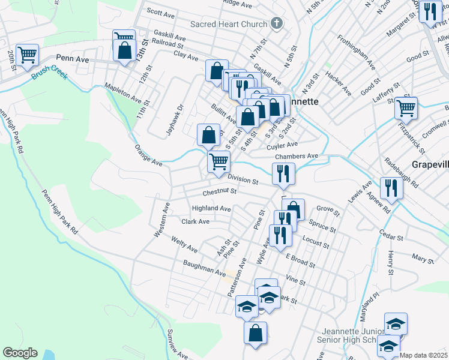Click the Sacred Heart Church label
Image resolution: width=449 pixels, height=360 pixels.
228,24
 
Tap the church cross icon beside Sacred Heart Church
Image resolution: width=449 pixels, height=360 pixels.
276,24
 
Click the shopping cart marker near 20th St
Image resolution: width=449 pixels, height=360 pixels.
28,55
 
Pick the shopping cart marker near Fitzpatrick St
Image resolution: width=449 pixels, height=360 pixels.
406,108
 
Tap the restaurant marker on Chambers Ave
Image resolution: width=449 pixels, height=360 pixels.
283,173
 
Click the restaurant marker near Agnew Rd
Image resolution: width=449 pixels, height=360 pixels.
391,188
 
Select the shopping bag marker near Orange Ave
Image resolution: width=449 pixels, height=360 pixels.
208,135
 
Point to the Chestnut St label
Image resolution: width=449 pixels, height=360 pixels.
220,193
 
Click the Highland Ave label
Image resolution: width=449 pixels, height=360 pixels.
211,209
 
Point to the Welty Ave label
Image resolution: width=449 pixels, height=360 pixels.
184,245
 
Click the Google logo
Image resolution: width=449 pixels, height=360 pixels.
20,352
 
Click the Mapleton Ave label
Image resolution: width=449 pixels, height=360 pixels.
122,92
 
